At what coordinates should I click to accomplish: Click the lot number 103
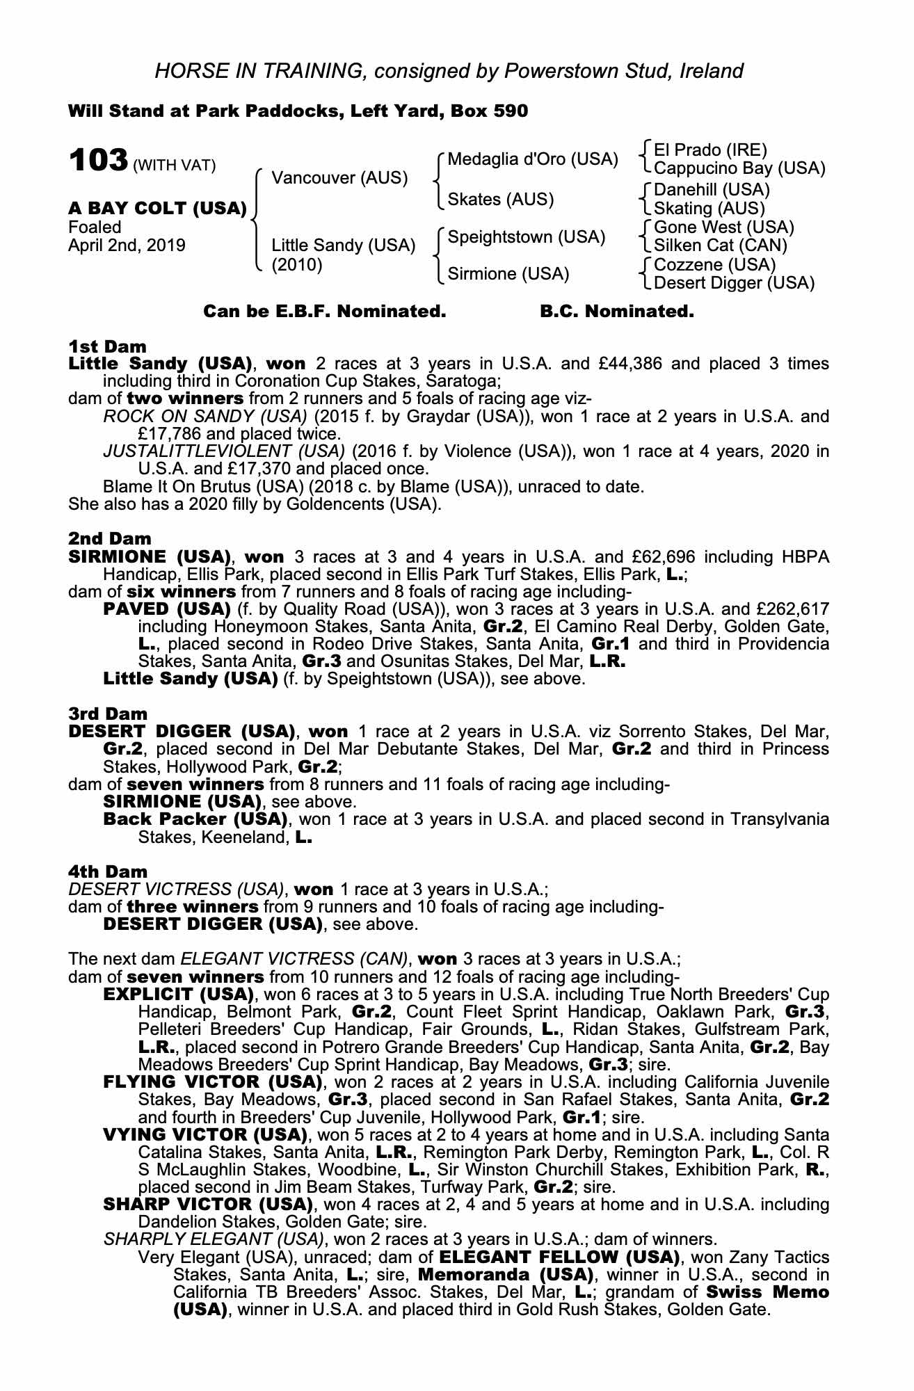97,161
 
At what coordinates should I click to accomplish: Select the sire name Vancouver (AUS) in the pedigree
339,177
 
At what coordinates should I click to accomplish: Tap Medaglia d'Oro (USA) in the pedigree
532,159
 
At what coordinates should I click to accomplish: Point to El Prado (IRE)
710,150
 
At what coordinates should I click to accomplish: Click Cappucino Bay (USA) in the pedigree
739,168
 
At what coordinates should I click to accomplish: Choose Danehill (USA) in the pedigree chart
712,190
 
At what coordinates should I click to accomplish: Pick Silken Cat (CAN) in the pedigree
721,245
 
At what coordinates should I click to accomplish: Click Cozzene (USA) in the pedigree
714,265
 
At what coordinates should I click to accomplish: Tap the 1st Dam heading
107,346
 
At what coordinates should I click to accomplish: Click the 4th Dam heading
108,871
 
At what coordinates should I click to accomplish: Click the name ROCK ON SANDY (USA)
205,417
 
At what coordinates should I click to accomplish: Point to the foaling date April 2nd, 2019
127,246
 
